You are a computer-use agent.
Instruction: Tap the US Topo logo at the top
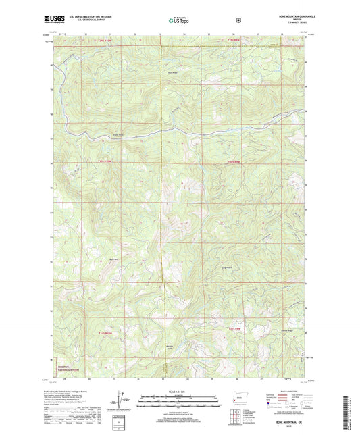point(178,21)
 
